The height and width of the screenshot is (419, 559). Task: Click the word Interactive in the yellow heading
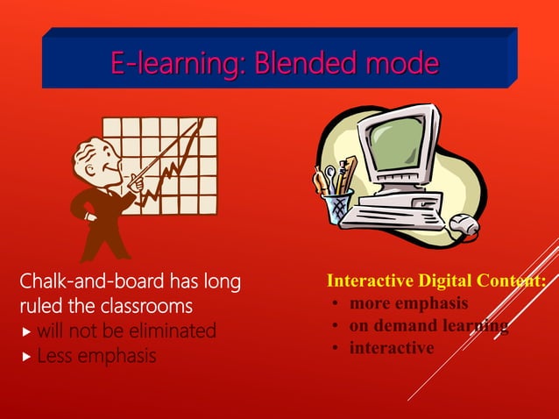[367, 282]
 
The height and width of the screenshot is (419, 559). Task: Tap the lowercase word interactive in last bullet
[391, 348]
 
